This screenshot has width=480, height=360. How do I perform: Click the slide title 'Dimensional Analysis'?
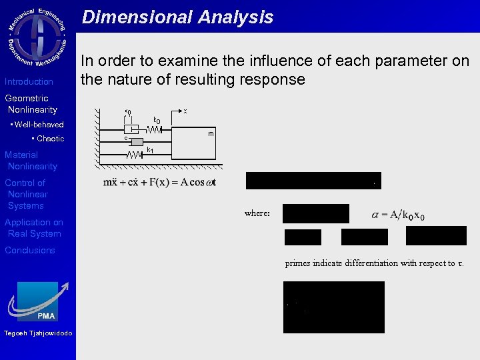177,17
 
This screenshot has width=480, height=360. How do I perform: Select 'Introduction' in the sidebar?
29,82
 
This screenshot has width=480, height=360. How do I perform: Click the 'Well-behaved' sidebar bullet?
38,125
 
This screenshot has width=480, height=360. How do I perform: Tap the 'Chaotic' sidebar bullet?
49,139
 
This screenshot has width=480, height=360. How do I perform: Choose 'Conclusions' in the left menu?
30,251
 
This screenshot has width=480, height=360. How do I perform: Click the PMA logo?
38,301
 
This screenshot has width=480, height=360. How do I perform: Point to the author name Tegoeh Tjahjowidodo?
37,333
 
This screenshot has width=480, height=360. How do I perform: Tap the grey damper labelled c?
136,142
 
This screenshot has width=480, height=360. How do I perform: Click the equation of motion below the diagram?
159,182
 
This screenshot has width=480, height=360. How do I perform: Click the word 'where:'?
257,213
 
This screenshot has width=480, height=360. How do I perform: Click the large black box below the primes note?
333,307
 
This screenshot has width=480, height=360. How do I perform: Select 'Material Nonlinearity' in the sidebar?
31,161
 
